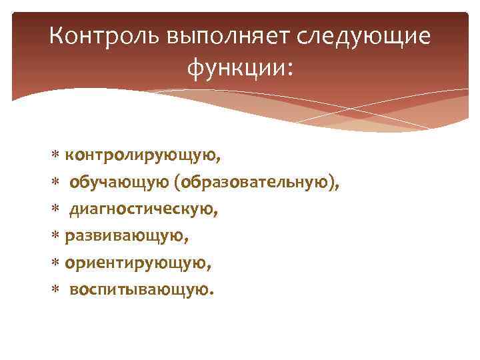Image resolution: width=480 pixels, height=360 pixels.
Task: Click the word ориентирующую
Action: (139, 263)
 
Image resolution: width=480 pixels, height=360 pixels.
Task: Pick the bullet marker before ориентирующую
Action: (55, 263)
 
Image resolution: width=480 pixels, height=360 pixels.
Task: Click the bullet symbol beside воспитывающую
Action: (55, 290)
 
